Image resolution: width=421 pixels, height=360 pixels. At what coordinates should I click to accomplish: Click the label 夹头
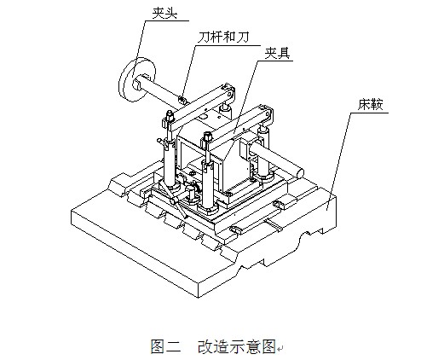164,13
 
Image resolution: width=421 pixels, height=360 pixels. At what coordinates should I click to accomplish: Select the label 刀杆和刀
223,37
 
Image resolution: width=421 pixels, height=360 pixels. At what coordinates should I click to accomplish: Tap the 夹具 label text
277,53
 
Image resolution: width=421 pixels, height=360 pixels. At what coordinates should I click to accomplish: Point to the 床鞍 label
371,104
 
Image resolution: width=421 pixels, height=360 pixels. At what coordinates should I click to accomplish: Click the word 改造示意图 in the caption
237,346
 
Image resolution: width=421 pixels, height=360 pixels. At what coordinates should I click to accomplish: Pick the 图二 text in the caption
166,346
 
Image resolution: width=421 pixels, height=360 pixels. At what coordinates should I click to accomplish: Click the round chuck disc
137,80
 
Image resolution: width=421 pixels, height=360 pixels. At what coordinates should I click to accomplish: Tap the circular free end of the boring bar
299,173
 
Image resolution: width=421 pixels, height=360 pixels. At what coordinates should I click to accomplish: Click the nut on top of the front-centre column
206,136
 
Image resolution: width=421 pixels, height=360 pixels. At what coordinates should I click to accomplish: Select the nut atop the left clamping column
170,115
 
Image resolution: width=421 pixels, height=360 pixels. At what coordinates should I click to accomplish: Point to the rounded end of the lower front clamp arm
268,113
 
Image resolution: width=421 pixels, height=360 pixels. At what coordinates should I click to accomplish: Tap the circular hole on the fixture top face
204,117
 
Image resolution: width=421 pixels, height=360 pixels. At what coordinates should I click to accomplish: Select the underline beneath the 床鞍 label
369,113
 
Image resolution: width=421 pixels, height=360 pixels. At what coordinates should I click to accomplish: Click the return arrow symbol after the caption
280,349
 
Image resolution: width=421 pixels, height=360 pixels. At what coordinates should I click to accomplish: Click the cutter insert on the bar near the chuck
182,99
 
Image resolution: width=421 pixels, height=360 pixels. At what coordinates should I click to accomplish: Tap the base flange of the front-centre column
207,210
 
